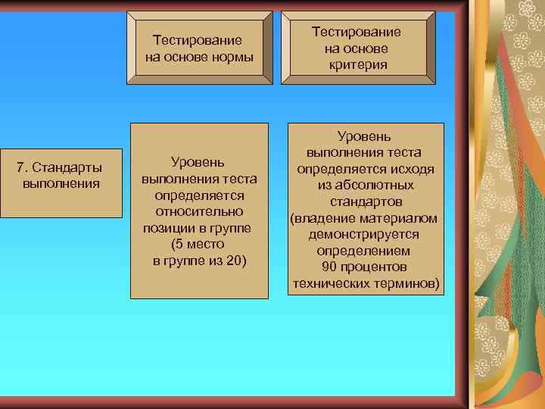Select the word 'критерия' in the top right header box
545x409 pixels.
click(358, 65)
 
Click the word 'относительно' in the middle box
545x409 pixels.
click(199, 211)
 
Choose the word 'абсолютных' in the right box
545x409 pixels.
click(375, 186)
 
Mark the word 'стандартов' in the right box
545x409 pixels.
click(366, 202)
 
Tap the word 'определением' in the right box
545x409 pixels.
click(363, 251)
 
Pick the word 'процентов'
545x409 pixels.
click(374, 267)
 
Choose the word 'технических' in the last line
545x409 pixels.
click(329, 284)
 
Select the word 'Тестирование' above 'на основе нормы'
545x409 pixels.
click(198, 41)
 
